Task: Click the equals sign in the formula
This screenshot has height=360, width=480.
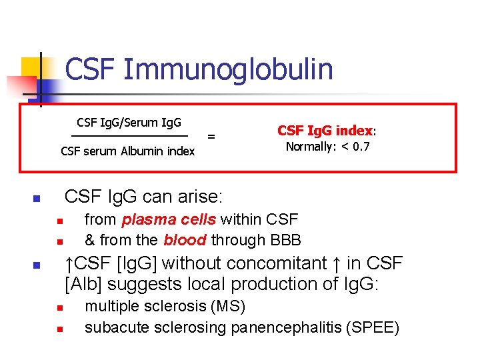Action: pyautogui.click(x=211, y=137)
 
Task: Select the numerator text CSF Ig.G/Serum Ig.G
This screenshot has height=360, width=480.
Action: pyautogui.click(x=129, y=122)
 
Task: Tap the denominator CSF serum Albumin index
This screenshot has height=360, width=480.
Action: pyautogui.click(x=127, y=151)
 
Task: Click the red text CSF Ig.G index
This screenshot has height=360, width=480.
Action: pyautogui.click(x=325, y=130)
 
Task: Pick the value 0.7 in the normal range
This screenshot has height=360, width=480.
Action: pyautogui.click(x=361, y=147)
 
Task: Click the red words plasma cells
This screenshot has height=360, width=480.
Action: pyautogui.click(x=169, y=219)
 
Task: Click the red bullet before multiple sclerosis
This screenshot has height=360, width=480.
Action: pyautogui.click(x=59, y=308)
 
